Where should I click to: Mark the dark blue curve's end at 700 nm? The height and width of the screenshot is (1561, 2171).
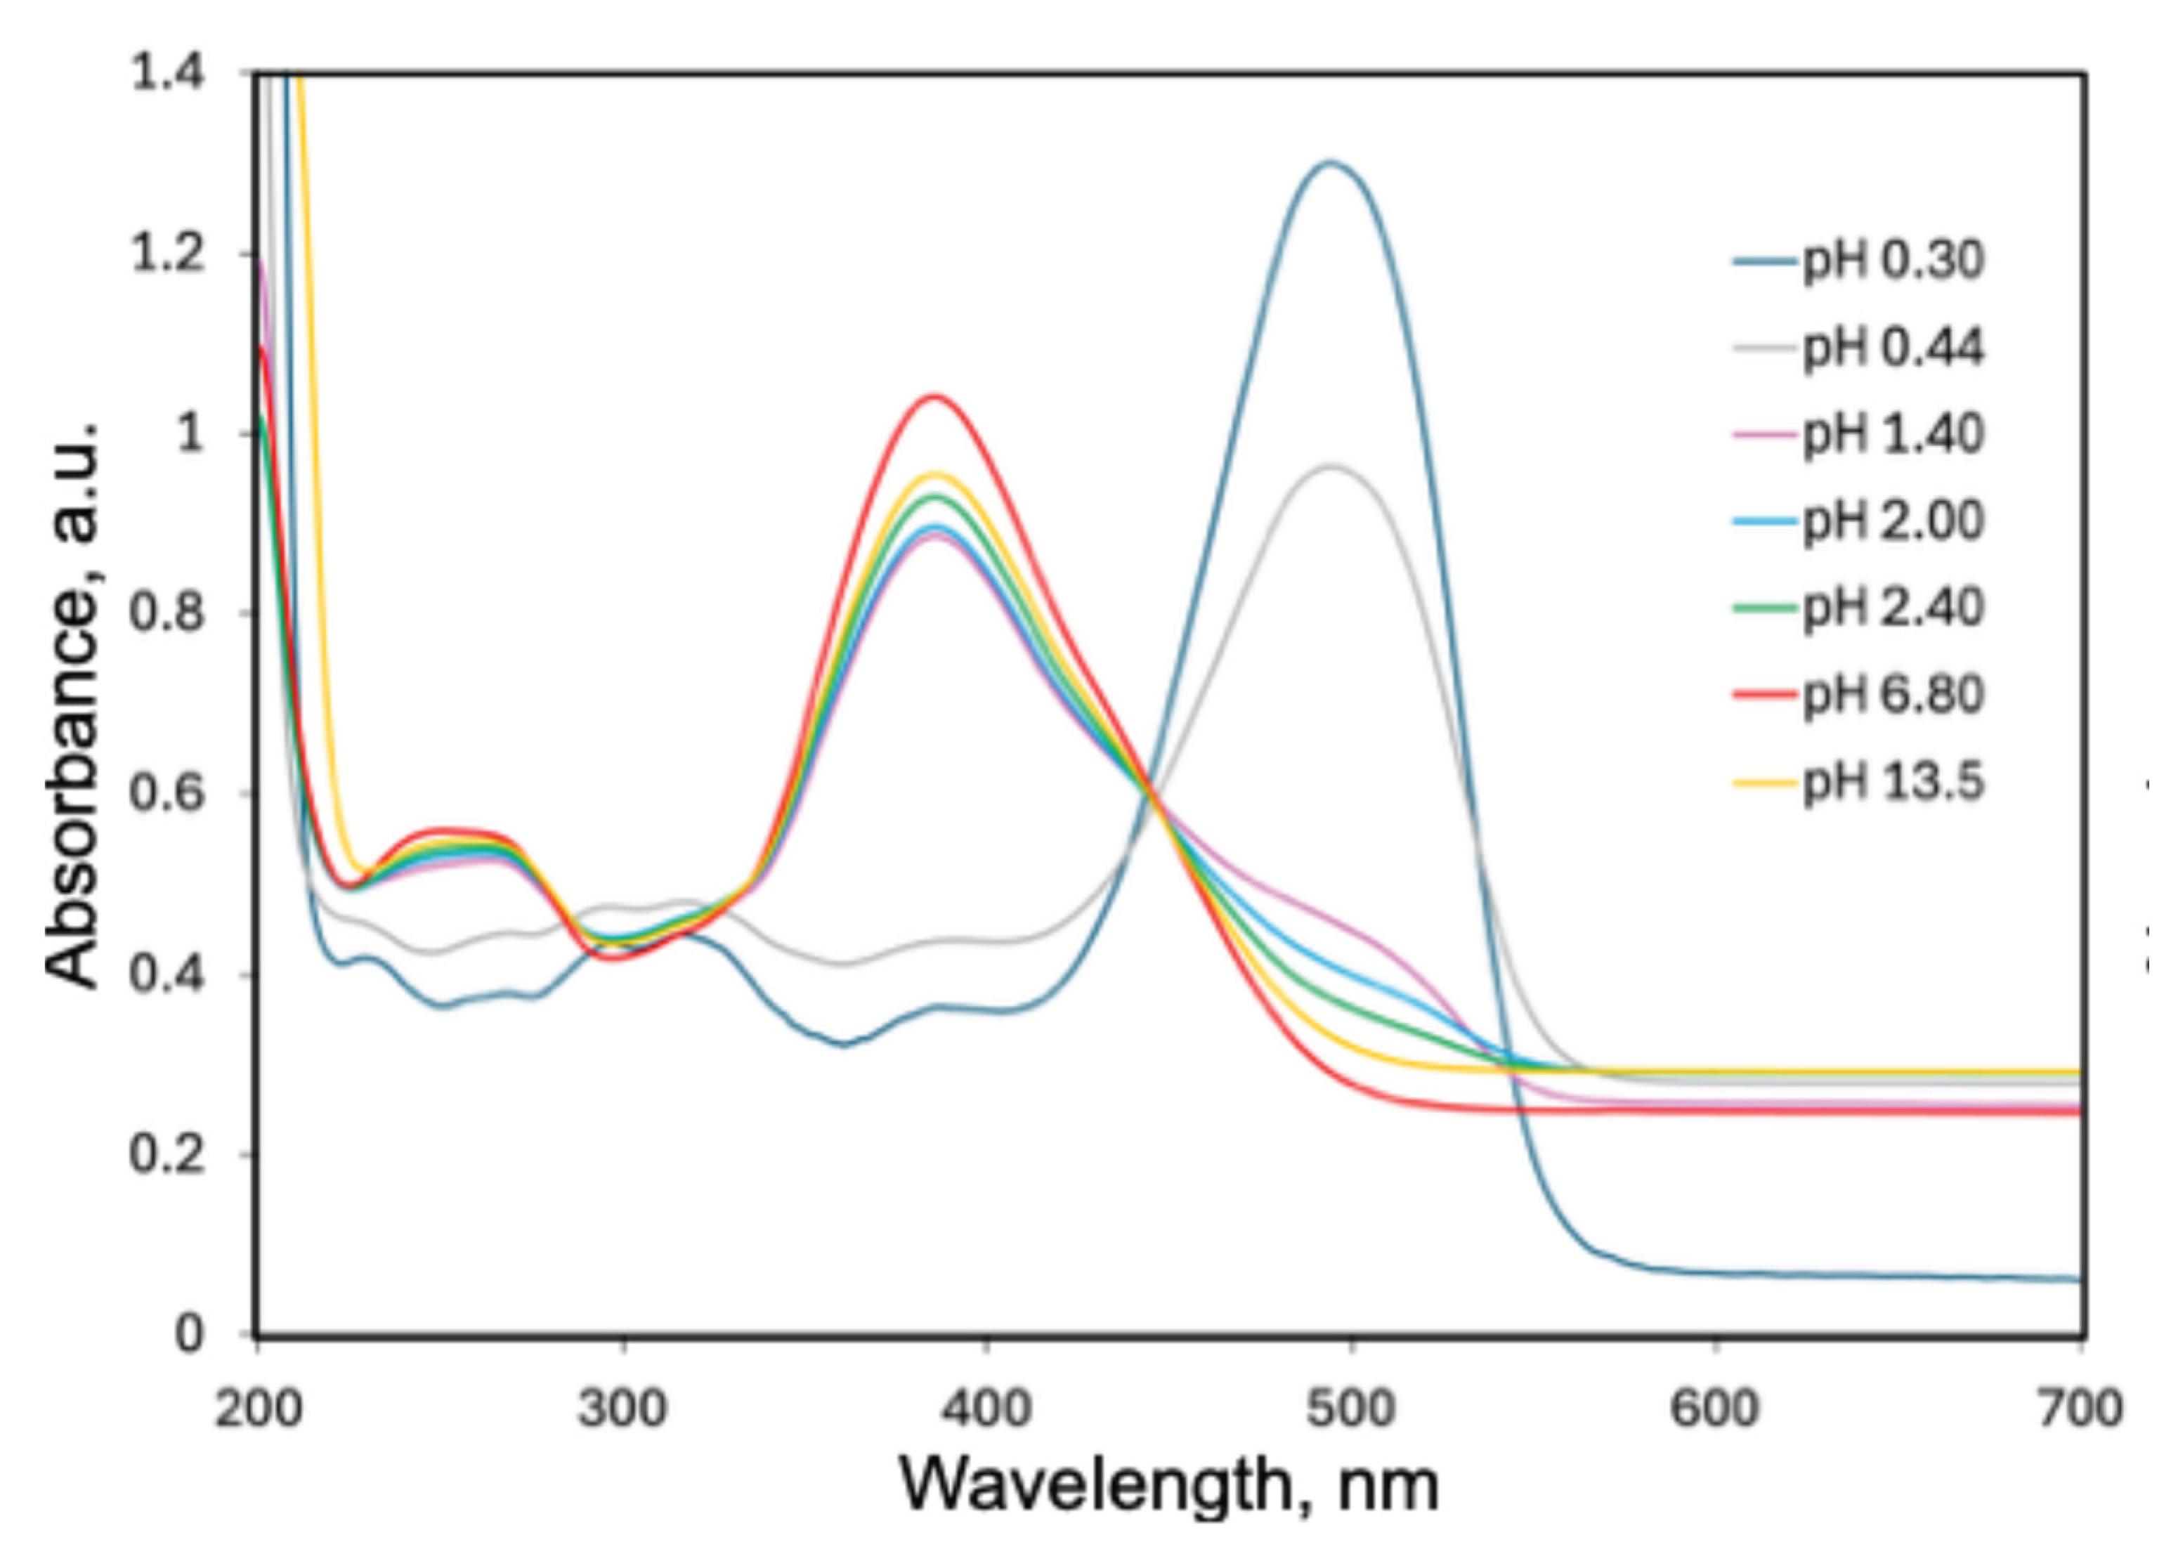point(2079,1279)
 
